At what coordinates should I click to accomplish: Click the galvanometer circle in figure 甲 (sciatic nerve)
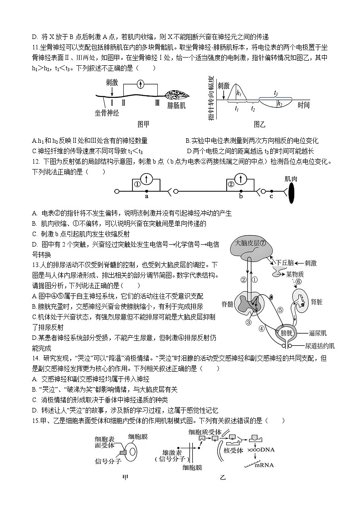[x=141, y=84]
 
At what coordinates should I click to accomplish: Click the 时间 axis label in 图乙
[x=304, y=105]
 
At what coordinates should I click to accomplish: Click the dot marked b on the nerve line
[x=241, y=192]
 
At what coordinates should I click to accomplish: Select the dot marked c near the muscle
[x=271, y=192]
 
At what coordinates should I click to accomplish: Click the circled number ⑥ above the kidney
[x=299, y=281]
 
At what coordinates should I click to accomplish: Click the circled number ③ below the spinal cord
[x=248, y=322]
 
